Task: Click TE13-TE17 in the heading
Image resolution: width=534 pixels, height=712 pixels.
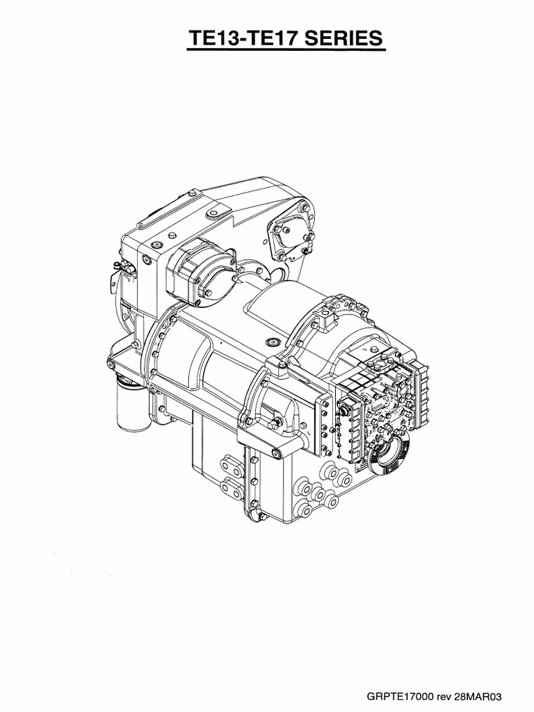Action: [236, 39]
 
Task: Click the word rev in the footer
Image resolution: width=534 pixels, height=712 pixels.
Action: [443, 696]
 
